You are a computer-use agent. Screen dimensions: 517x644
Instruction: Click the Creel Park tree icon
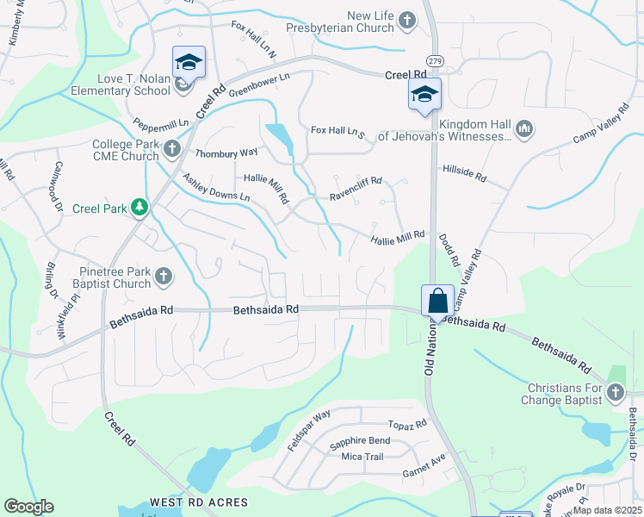(x=139, y=208)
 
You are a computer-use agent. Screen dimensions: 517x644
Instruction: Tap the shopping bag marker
(x=437, y=302)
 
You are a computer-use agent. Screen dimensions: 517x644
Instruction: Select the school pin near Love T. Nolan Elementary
(x=189, y=63)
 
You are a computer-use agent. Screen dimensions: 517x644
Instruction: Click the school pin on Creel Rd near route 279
(x=424, y=94)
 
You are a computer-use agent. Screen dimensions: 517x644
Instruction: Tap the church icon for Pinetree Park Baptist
(x=163, y=277)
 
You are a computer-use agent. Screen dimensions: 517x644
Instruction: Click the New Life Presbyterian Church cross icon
(x=407, y=20)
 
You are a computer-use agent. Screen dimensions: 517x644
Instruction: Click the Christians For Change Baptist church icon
(x=615, y=394)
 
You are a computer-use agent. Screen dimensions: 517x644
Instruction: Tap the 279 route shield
(x=437, y=60)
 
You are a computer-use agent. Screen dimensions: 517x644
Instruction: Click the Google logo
(x=28, y=507)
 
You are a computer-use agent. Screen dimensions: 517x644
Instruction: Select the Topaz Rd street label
(x=407, y=425)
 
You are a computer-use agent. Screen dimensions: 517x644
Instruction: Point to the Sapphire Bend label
(x=359, y=441)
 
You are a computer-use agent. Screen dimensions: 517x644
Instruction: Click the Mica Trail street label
(x=362, y=457)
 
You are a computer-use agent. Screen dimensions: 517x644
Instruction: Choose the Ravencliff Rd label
(x=356, y=196)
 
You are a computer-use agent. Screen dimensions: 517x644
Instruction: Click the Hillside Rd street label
(x=464, y=175)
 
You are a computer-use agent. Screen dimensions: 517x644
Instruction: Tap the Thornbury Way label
(x=226, y=153)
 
